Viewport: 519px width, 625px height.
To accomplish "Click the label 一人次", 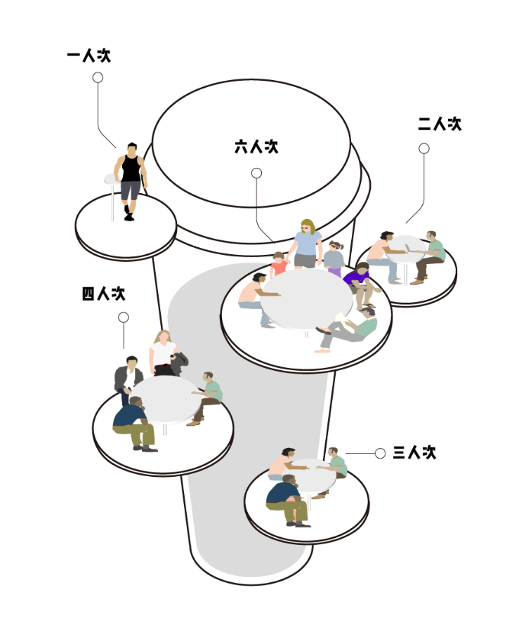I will coord(89,56).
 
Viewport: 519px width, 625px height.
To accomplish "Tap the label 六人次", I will coord(256,147).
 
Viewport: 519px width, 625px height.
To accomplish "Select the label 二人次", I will coord(440,124).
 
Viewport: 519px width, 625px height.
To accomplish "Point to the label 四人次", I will coord(103,294).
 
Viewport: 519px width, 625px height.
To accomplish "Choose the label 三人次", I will coord(414,453).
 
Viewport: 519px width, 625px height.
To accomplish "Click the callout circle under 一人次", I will coord(98,77).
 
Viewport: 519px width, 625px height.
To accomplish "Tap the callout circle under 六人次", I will coord(256,173).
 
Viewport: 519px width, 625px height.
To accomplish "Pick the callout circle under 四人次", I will coord(124,317).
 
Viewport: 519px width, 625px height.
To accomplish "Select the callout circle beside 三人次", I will coord(379,454).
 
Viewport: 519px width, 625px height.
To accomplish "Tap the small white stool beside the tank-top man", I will coord(111,183).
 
